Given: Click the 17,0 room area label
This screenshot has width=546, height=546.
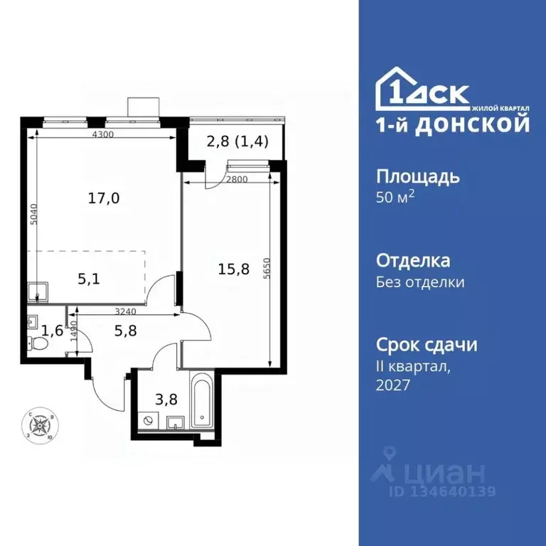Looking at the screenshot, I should (x=103, y=198).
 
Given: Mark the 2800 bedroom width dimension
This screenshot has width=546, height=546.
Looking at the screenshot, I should (x=236, y=179).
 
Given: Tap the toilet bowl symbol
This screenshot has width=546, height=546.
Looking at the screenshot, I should (x=40, y=345).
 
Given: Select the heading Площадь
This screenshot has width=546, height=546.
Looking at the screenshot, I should (x=417, y=176).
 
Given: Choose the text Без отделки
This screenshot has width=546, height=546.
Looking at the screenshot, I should (x=419, y=282).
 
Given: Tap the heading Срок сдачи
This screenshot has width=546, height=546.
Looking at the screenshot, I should (x=426, y=345).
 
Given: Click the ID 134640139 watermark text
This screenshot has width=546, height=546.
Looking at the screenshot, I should (x=441, y=491).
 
